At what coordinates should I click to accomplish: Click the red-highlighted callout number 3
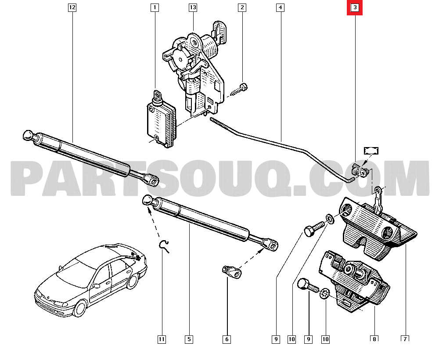tap(355, 8)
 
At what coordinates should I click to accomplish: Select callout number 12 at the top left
tap(72, 7)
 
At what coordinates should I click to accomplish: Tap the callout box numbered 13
tap(193, 7)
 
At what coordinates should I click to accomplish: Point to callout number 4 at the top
tap(280, 7)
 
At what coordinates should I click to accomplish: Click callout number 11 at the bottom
tap(162, 339)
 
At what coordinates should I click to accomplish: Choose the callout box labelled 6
tap(227, 339)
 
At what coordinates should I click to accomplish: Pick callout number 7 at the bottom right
tap(405, 338)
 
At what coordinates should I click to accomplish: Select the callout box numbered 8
tap(374, 339)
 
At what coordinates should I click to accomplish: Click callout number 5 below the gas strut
tap(189, 339)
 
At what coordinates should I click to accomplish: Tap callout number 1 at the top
tap(154, 7)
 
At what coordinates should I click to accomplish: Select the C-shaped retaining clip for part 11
tap(165, 246)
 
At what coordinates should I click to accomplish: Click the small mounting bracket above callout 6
tap(231, 271)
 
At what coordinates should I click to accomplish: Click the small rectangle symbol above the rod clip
tap(371, 151)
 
